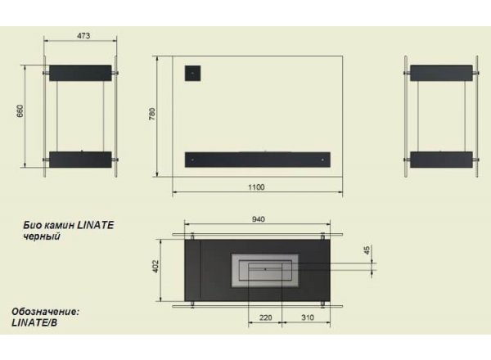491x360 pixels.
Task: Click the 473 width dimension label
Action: click(83, 36)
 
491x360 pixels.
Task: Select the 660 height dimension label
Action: click(20, 111)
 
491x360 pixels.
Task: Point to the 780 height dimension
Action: click(152, 114)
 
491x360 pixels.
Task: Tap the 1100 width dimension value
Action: click(256, 187)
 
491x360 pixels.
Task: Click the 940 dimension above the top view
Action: click(259, 219)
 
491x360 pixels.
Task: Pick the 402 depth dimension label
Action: click(155, 267)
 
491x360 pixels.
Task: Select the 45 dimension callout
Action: click(367, 250)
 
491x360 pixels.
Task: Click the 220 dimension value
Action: click(265, 317)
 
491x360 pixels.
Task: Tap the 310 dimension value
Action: click(308, 317)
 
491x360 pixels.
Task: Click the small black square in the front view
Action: click(192, 74)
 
